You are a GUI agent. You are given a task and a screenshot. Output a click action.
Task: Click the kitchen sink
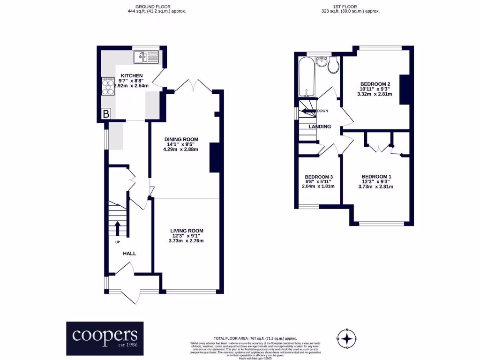[146, 58]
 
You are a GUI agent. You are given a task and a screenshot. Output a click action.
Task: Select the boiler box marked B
[106, 114]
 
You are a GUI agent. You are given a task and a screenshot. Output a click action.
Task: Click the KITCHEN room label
[132, 75]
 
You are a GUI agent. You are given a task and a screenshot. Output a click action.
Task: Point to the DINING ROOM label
[181, 139]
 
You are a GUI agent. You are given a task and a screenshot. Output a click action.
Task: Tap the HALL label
[129, 253]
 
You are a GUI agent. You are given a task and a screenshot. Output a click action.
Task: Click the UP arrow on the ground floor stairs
[117, 229]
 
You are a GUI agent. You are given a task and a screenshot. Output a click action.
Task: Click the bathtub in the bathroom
[305, 75]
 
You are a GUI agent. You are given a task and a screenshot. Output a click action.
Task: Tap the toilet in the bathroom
[334, 66]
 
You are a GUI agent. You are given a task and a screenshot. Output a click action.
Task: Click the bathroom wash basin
[321, 62]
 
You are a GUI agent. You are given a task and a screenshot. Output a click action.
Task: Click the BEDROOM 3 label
[318, 176]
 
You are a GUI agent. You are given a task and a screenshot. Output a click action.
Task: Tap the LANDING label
[319, 127]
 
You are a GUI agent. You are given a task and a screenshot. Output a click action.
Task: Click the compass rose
[346, 338]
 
